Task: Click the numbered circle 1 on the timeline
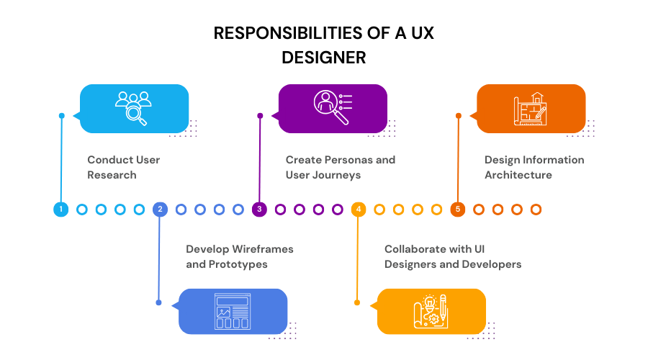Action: (61, 210)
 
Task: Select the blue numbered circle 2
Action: (160, 210)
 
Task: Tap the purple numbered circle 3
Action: (260, 210)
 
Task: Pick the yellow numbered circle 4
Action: (359, 210)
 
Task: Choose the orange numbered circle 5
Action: (458, 210)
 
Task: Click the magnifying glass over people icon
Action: (134, 108)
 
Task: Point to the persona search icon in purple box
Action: (332, 108)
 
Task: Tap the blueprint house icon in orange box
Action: (531, 109)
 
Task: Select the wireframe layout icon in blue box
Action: (233, 311)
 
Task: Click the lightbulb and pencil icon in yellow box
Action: (431, 312)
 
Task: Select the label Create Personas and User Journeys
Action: (340, 167)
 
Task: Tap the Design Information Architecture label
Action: (534, 167)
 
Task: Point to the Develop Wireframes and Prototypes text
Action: (239, 256)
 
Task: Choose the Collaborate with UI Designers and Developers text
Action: (452, 256)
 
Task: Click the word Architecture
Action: (518, 175)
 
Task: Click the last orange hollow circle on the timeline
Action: (536, 210)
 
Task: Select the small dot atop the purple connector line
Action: (260, 115)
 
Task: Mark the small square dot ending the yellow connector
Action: (357, 302)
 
